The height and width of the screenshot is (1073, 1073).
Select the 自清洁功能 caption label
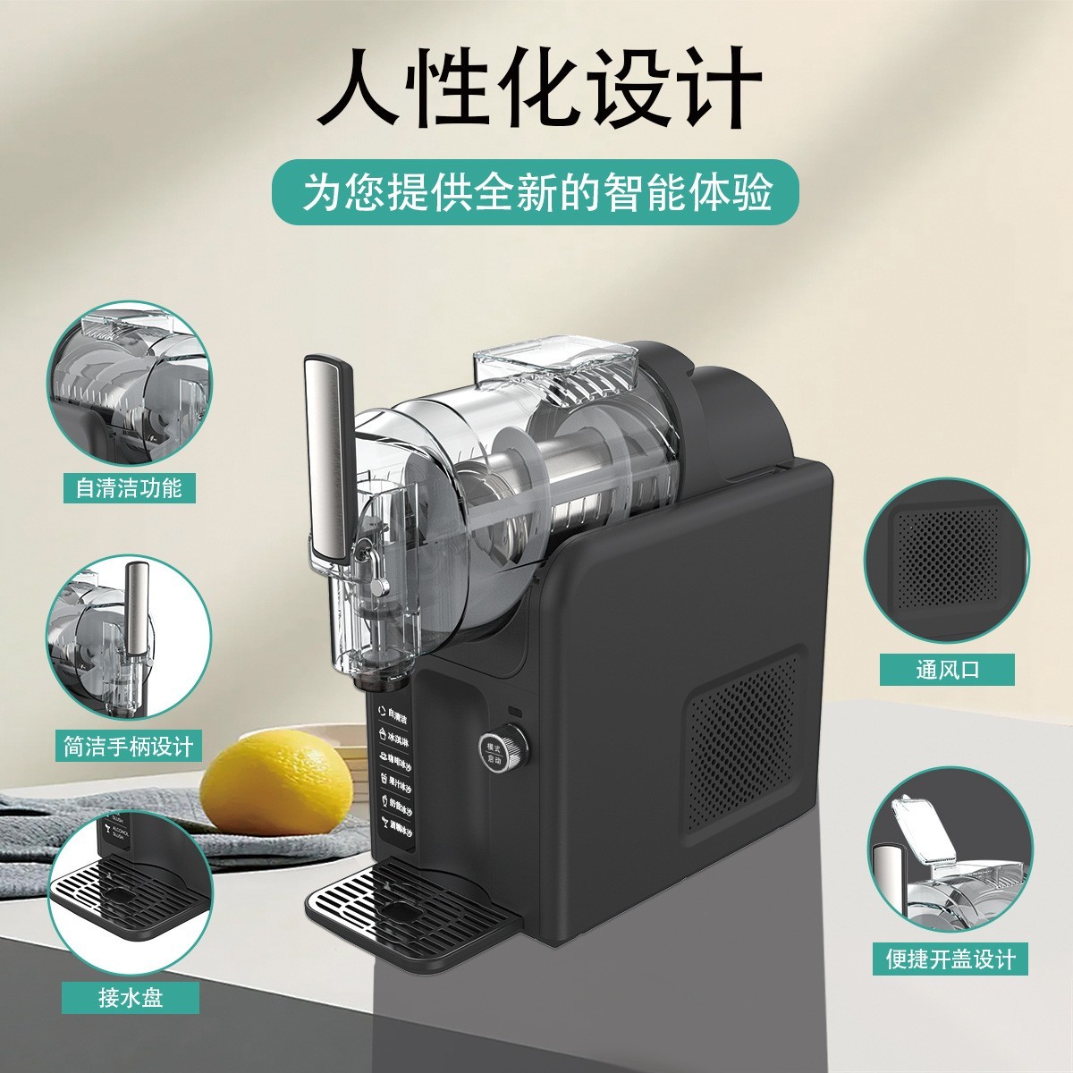click(128, 487)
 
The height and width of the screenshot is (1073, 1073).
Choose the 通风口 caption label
click(947, 670)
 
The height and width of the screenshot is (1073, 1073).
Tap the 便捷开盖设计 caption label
click(950, 959)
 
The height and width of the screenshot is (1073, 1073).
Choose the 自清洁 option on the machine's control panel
click(393, 717)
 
